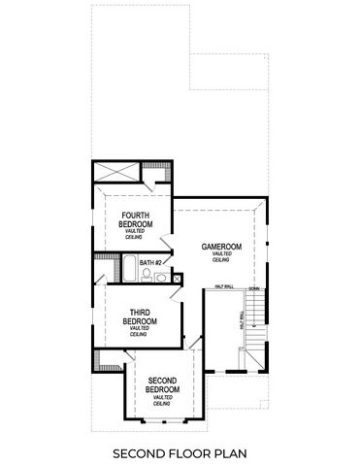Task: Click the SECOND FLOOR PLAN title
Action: point(180,452)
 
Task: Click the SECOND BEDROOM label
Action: point(162,385)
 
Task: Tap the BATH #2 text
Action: point(149,263)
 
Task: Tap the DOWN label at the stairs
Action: point(253,289)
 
